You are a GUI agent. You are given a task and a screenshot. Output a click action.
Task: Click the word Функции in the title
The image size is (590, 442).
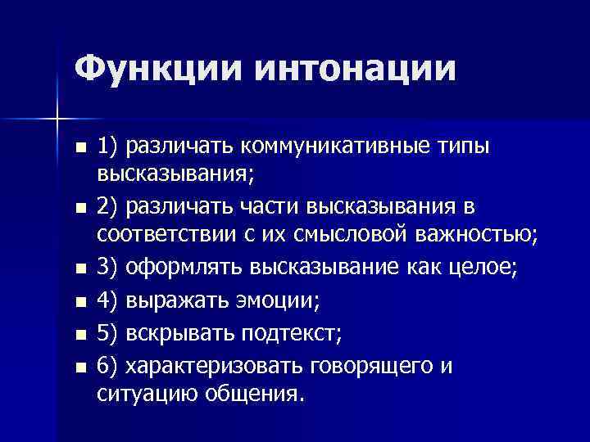(156, 67)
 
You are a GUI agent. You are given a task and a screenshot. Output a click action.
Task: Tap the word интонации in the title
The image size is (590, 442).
(354, 67)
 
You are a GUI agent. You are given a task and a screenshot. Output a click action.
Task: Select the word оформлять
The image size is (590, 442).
(190, 267)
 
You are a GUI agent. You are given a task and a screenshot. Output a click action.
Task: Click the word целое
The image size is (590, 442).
(483, 267)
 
